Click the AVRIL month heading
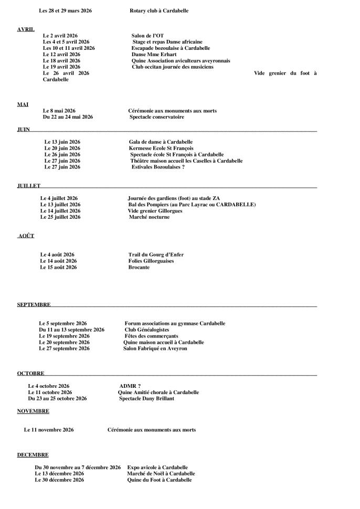click(x=26, y=29)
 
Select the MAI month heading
click(x=23, y=104)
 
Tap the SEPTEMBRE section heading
click(x=34, y=304)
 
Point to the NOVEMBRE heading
click(x=33, y=411)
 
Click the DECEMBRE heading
click(x=33, y=454)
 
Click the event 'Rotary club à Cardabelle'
click(x=158, y=10)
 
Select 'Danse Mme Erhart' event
click(x=154, y=55)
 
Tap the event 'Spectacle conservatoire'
click(x=157, y=117)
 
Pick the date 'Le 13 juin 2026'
click(x=62, y=142)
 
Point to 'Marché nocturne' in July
click(x=149, y=217)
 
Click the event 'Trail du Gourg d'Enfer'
click(x=155, y=254)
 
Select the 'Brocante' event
click(x=139, y=267)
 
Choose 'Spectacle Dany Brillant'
click(x=146, y=398)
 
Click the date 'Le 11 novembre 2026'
click(x=49, y=430)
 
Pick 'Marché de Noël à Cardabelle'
click(x=157, y=473)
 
